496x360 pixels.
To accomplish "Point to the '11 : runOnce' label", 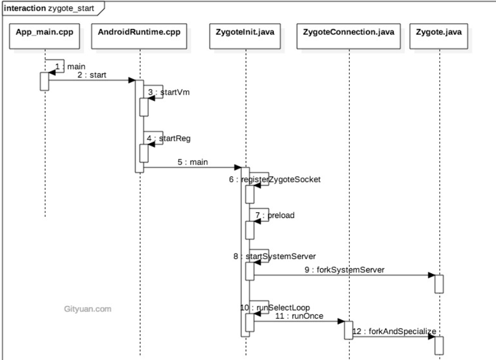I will point(291,317).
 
